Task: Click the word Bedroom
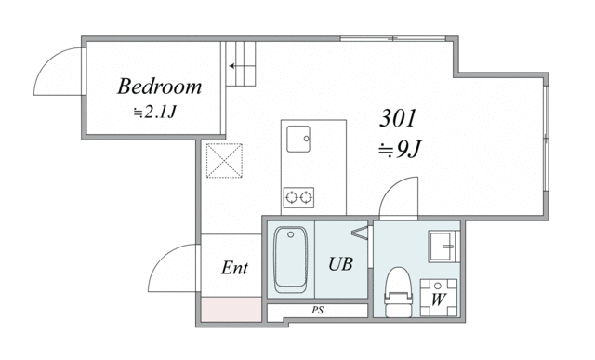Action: [159, 87]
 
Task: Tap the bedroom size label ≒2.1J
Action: [155, 112]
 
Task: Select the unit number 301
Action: [398, 118]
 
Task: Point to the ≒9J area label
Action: [400, 150]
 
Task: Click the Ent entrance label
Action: [234, 268]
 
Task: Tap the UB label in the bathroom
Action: [341, 264]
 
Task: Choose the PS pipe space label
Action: [318, 311]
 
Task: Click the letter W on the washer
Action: [438, 300]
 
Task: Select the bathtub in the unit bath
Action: [290, 260]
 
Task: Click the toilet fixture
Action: [398, 292]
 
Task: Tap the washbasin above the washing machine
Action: [443, 247]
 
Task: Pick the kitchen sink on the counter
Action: [298, 139]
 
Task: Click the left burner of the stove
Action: [291, 197]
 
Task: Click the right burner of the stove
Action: [306, 197]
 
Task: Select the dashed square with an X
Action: [224, 161]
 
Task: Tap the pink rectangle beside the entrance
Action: [231, 310]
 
